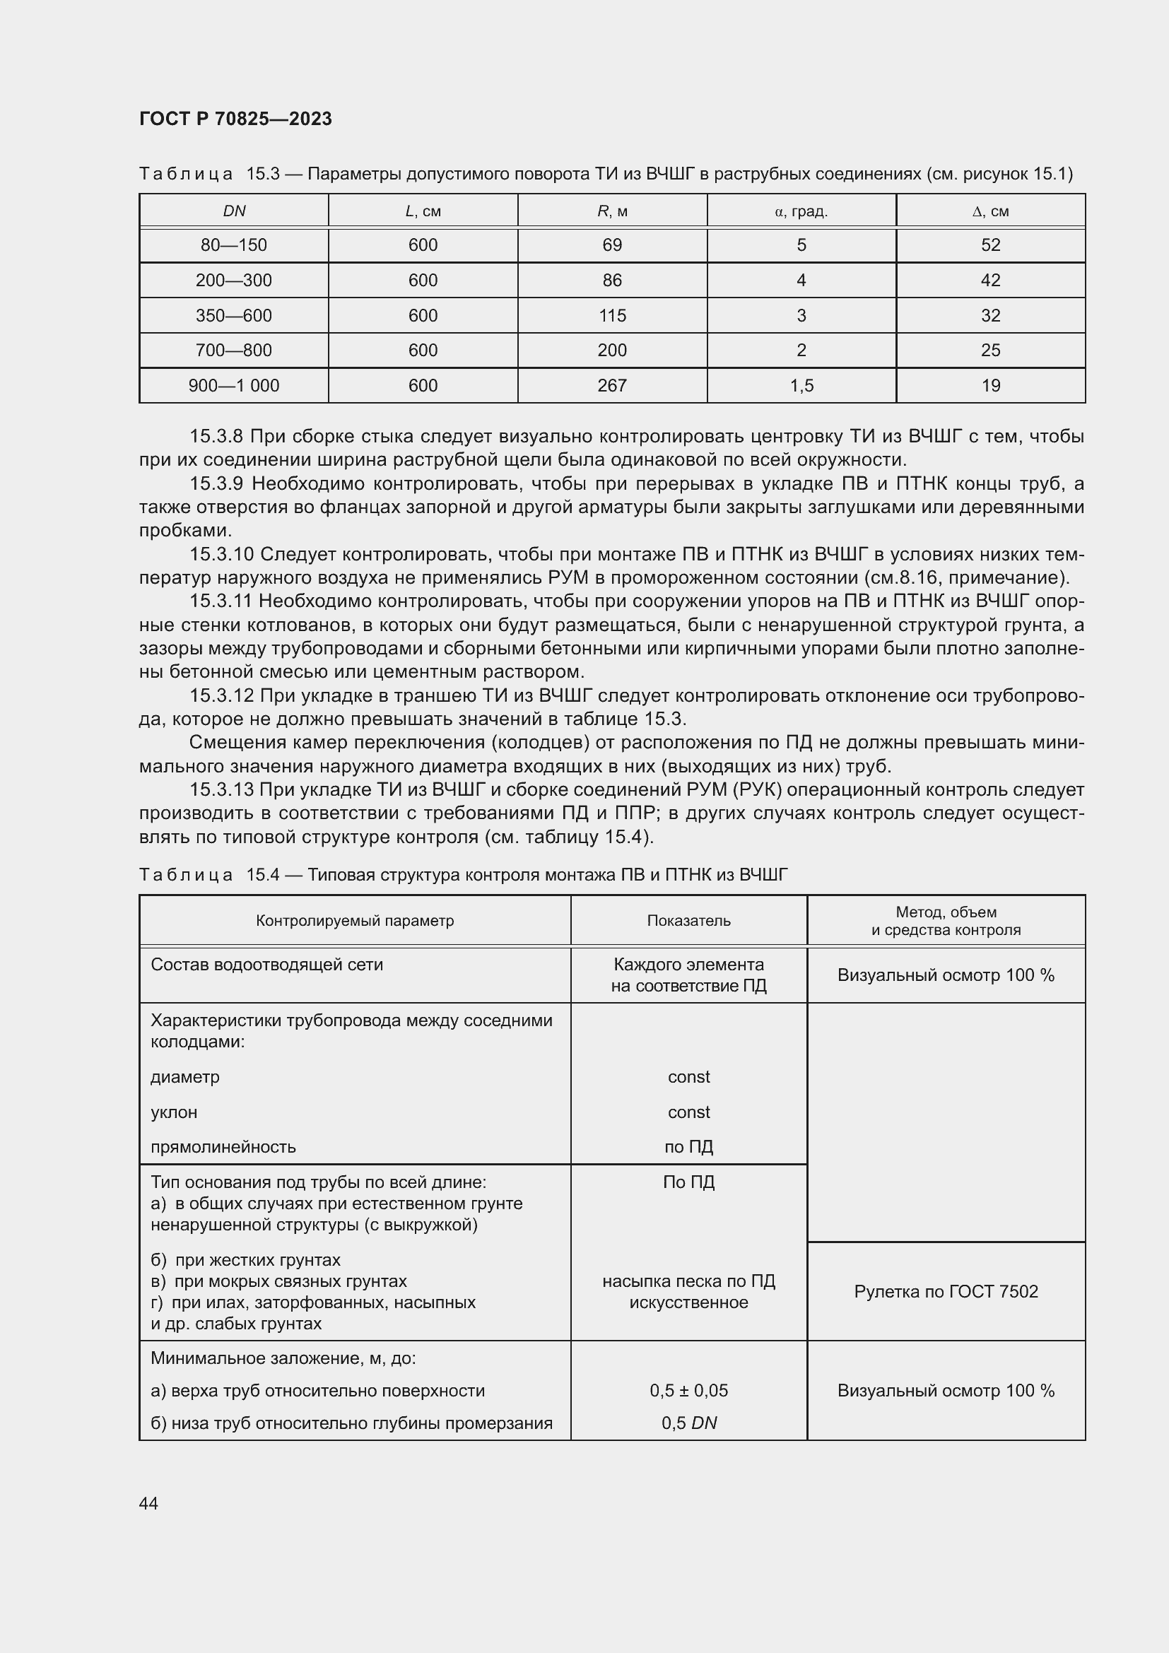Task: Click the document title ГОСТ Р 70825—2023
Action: pos(235,119)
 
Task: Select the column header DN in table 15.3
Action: pos(234,211)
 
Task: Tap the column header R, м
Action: pos(612,211)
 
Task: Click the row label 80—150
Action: pos(234,245)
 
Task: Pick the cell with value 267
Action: pos(612,385)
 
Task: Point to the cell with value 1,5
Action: pos(801,385)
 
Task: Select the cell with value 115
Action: pos(612,315)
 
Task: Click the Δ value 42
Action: pos(990,280)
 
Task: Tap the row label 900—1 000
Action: pos(234,385)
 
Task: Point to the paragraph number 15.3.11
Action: pos(221,601)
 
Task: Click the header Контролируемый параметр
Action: pos(355,920)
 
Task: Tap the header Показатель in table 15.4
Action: pos(689,920)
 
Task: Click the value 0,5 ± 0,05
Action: pos(689,1390)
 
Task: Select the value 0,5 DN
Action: pos(689,1423)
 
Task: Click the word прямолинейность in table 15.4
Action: pos(223,1147)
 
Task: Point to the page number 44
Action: pos(148,1503)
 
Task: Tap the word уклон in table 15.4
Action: pos(173,1112)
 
